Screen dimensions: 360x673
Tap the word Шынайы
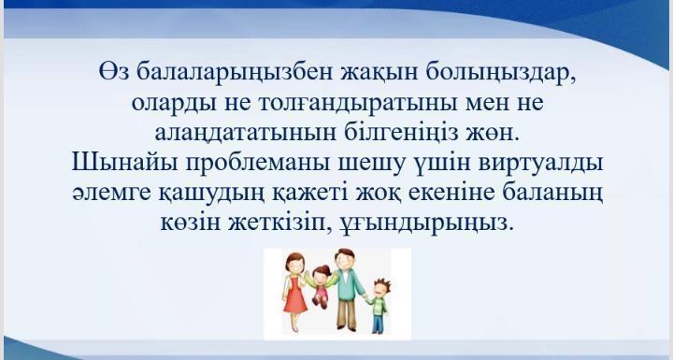pyautogui.click(x=117, y=161)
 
